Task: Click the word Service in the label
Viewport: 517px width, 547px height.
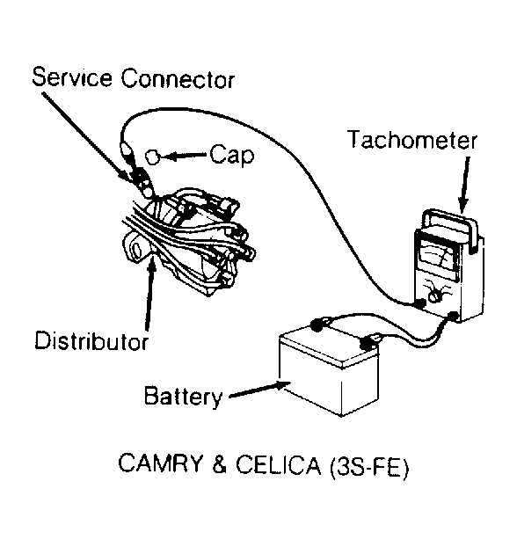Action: (x=72, y=77)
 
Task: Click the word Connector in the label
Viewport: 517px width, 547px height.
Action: (x=178, y=78)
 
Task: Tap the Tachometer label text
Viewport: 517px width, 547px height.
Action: (x=412, y=140)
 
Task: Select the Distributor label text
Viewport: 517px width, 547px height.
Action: (x=91, y=340)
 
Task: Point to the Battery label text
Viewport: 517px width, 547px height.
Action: (x=184, y=397)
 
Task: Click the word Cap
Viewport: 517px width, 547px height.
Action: (x=232, y=155)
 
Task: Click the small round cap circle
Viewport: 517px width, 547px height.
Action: (x=152, y=157)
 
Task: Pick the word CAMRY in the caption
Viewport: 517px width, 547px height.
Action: (x=161, y=463)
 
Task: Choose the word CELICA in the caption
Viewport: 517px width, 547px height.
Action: (x=278, y=464)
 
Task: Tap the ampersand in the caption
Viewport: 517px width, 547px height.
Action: (x=220, y=463)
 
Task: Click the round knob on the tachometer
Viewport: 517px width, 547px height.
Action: (x=434, y=296)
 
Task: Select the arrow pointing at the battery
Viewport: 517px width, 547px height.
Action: (x=260, y=389)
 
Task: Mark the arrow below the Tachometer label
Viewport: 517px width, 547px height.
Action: (x=464, y=184)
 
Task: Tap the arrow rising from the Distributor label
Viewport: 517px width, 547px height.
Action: (x=149, y=294)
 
